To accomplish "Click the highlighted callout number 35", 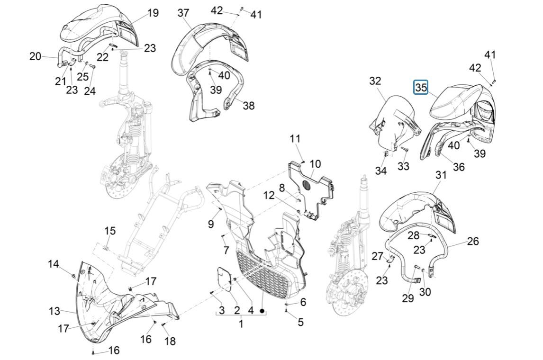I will (421, 87).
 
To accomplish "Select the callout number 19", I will (153, 13).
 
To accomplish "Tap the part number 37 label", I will (183, 13).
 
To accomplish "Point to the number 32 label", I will (375, 81).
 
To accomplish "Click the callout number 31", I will (441, 175).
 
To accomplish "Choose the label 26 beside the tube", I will (472, 241).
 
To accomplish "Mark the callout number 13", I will (54, 311).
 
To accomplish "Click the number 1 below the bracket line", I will (241, 324).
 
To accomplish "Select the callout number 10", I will (315, 164).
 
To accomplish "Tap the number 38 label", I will (248, 105).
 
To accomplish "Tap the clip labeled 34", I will (386, 153).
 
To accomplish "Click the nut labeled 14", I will (73, 275).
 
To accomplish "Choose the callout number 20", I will (36, 56).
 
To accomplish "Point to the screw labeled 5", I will (287, 311).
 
